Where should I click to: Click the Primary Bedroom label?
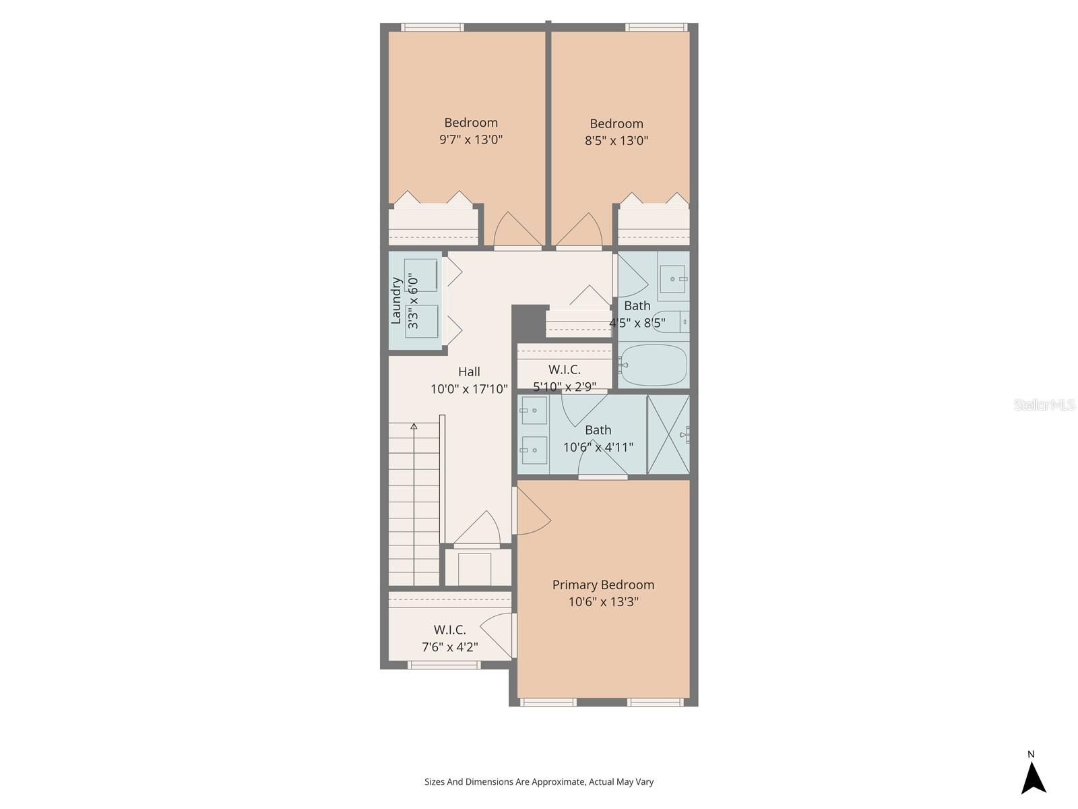point(603,585)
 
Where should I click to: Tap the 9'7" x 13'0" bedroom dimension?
point(471,140)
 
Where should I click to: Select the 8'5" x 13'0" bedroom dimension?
point(616,140)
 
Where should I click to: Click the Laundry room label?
point(396,301)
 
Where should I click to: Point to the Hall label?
point(469,371)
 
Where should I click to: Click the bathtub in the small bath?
point(653,365)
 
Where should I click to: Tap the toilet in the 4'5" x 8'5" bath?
point(671,322)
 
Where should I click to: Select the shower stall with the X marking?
point(668,434)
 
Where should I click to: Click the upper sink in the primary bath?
point(534,410)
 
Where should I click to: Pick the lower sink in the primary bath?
point(534,450)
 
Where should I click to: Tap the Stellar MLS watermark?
point(1044,404)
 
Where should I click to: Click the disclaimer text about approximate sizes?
point(539,782)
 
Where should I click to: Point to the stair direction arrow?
point(414,427)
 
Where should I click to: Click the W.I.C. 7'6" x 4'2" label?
point(449,638)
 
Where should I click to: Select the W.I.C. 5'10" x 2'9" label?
point(565,378)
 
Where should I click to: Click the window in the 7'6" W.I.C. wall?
point(444,665)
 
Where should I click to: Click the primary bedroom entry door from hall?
point(531,512)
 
